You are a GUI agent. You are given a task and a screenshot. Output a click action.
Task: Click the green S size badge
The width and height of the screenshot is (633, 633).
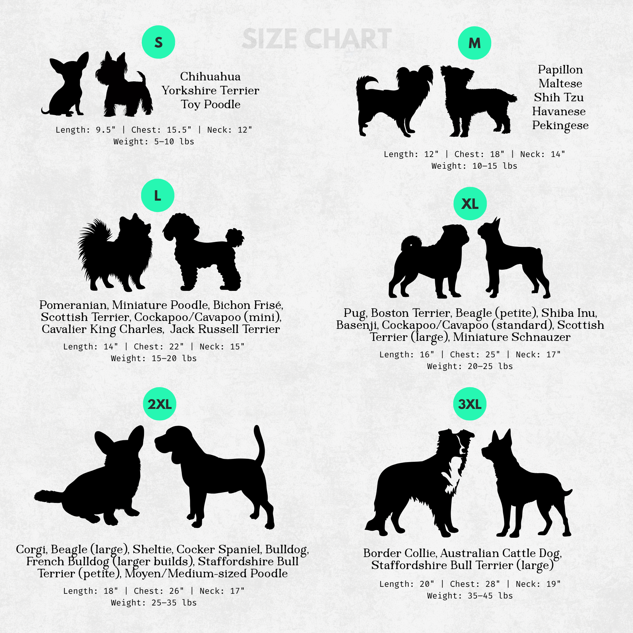click(x=158, y=42)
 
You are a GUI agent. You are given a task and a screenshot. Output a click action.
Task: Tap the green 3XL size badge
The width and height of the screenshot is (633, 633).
click(x=470, y=404)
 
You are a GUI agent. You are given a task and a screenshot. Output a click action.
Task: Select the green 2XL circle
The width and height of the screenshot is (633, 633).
click(x=160, y=404)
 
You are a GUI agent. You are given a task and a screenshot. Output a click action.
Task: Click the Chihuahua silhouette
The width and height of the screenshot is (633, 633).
click(x=66, y=85)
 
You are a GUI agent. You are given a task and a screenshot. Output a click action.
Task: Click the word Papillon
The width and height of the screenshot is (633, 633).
click(x=560, y=70)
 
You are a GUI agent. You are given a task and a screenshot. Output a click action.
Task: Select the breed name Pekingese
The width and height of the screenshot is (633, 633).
click(x=560, y=125)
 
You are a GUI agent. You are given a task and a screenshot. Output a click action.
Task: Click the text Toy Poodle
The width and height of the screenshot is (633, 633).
click(x=211, y=104)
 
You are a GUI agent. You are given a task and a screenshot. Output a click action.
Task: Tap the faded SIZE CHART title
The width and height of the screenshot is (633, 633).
click(x=316, y=39)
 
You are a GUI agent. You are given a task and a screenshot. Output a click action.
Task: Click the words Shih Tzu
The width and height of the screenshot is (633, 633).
click(x=559, y=97)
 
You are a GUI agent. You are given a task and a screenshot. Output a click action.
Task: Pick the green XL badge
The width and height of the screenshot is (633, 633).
click(x=470, y=204)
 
